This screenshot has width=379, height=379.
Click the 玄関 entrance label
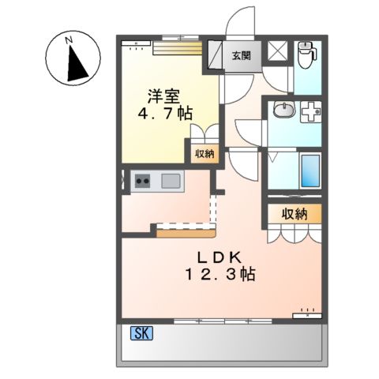[x=242, y=55]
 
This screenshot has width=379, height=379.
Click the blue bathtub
[x=310, y=170]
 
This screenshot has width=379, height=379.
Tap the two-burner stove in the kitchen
[x=143, y=181]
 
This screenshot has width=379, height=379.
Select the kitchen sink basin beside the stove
[x=171, y=181]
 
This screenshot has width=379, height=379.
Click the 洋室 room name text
[x=164, y=97]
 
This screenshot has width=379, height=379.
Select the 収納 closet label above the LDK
[x=294, y=214]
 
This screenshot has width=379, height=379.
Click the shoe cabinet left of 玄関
[x=216, y=55]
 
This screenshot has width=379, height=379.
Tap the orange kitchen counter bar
[x=186, y=231]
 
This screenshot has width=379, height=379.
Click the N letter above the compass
[x=69, y=38]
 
